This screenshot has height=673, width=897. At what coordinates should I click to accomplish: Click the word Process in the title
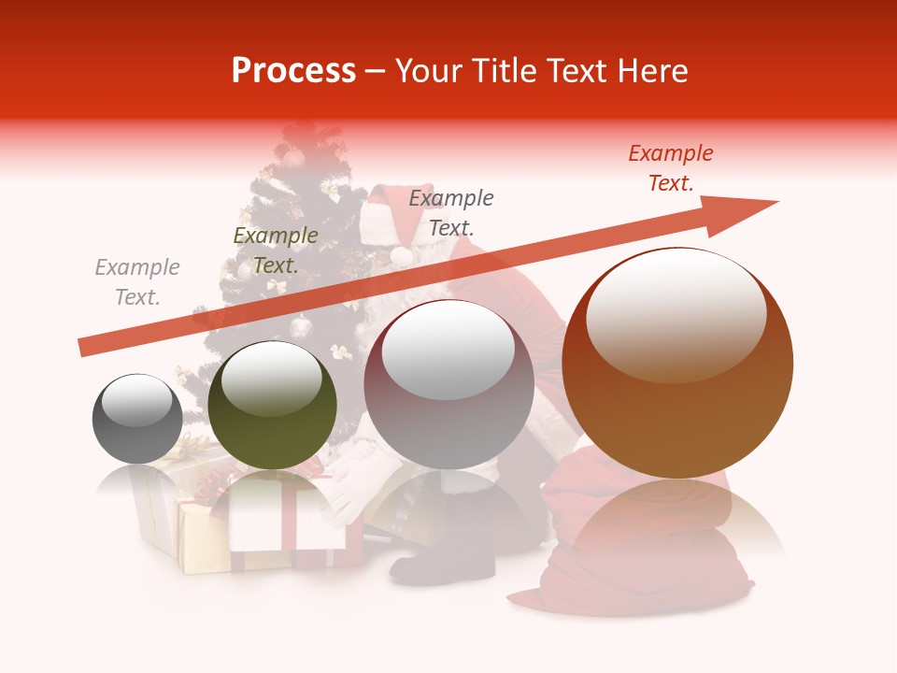pos(293,70)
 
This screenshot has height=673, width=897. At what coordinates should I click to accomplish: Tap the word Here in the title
pos(654,70)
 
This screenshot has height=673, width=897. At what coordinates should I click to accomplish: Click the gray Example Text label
pos(137,282)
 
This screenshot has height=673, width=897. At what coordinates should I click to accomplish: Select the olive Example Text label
pos(276,251)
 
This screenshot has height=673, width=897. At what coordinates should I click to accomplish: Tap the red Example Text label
pos(671,168)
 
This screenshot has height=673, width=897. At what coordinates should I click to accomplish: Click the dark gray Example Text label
pos(451,213)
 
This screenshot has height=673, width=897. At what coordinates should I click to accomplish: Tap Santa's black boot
pos(439,561)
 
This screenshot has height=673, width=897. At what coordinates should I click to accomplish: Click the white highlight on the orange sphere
pos(676,313)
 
